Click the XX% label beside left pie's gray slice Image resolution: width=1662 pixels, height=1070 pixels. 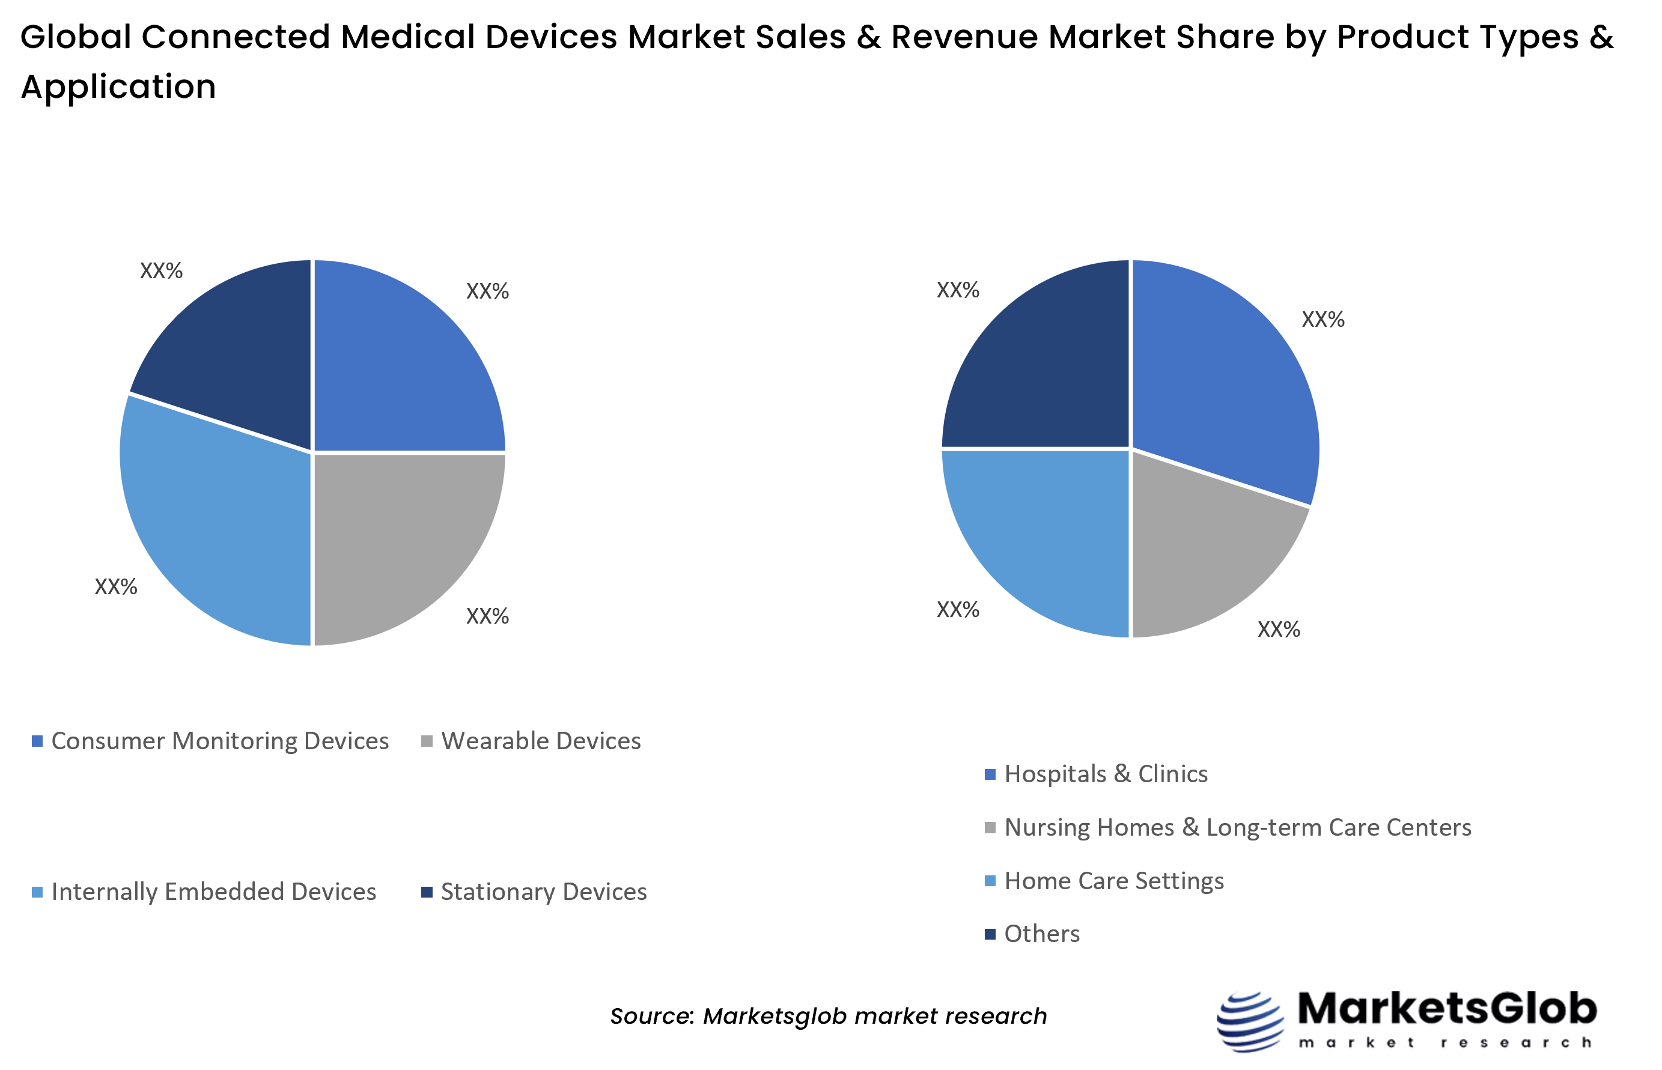click(487, 616)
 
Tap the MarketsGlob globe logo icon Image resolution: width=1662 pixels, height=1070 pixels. click(1250, 1021)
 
